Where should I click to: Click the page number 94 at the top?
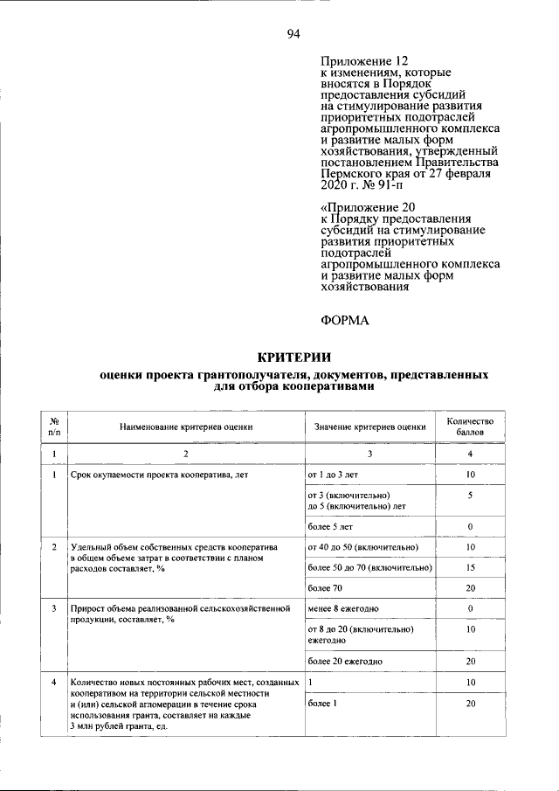point(293,34)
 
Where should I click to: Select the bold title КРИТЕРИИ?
point(293,356)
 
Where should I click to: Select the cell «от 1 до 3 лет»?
point(333,475)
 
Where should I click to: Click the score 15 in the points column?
point(470,567)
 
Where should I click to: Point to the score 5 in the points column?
point(470,496)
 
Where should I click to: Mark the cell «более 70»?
point(324,588)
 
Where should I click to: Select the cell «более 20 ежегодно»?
point(345,661)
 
